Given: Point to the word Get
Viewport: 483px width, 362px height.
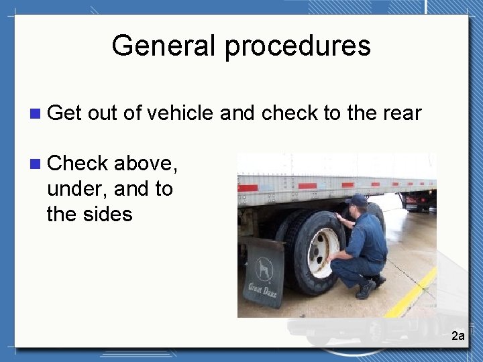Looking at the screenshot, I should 64,113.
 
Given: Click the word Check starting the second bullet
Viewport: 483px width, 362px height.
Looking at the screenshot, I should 78,163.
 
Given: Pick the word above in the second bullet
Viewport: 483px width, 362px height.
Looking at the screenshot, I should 146,163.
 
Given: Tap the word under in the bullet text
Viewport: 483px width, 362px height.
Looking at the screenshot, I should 76,189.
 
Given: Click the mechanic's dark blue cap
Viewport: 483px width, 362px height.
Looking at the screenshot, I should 359,200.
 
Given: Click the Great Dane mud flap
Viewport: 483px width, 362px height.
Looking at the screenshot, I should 262,271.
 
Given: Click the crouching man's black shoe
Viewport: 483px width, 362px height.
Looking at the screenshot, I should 366,289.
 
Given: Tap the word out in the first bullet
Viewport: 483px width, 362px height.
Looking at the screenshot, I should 103,113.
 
